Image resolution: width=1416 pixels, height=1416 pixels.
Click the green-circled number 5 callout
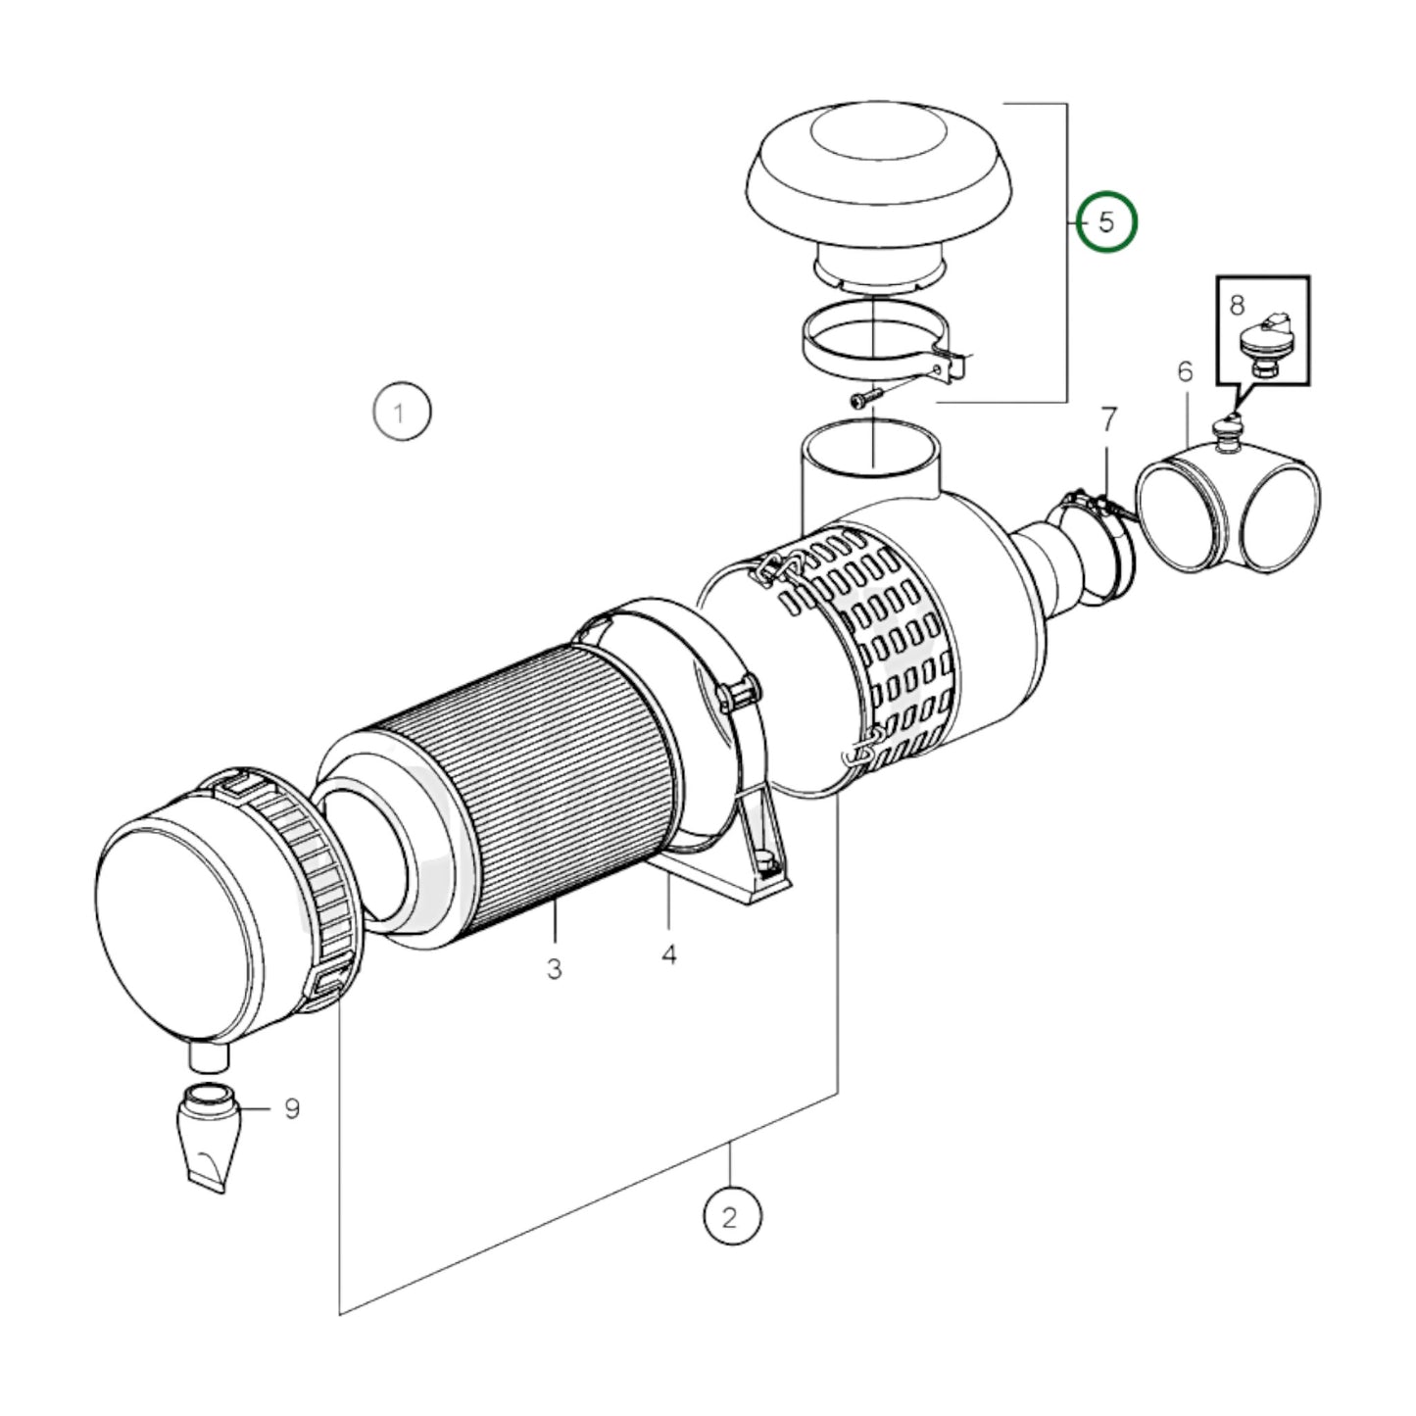coord(1106,222)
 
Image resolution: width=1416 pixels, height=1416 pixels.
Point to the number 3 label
coord(555,969)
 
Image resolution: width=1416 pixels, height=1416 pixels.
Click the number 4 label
coord(668,953)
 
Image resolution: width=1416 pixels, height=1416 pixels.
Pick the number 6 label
coord(1186,372)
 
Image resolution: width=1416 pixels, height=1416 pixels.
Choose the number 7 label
coord(1108,420)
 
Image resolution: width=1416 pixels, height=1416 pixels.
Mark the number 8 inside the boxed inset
coord(1237,305)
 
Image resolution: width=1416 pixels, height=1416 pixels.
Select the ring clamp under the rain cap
coord(872,345)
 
